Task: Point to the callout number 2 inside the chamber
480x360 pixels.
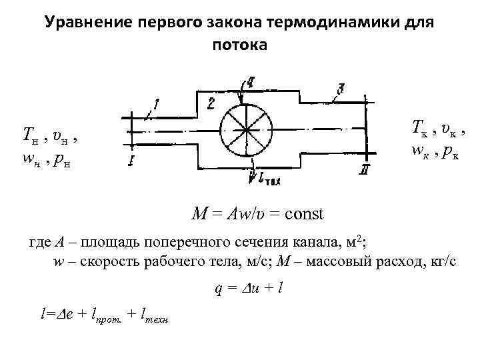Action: click(210, 102)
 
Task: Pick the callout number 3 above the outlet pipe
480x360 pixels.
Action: click(341, 88)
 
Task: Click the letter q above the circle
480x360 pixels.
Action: click(249, 82)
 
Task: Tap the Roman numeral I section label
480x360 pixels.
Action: click(133, 161)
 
